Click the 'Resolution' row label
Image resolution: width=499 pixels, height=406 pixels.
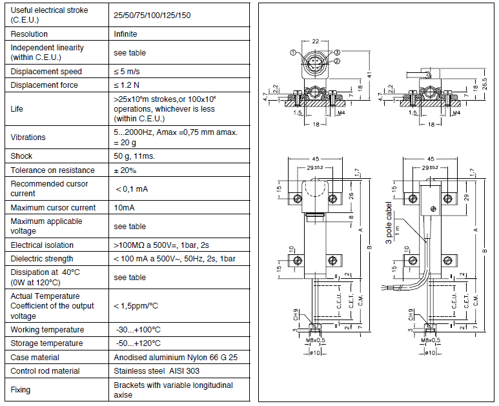[x=30, y=34]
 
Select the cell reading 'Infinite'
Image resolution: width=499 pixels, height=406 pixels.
[x=125, y=34]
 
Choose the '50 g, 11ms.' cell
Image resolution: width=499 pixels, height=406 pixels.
[x=134, y=156]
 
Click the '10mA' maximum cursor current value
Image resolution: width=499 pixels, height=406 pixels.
[x=124, y=207]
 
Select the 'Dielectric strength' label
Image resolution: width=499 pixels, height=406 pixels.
[x=43, y=259]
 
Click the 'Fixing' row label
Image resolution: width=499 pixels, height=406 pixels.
[x=21, y=389]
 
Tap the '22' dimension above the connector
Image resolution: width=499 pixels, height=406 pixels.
[x=315, y=41]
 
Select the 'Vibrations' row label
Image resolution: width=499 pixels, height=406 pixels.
[x=28, y=137]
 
